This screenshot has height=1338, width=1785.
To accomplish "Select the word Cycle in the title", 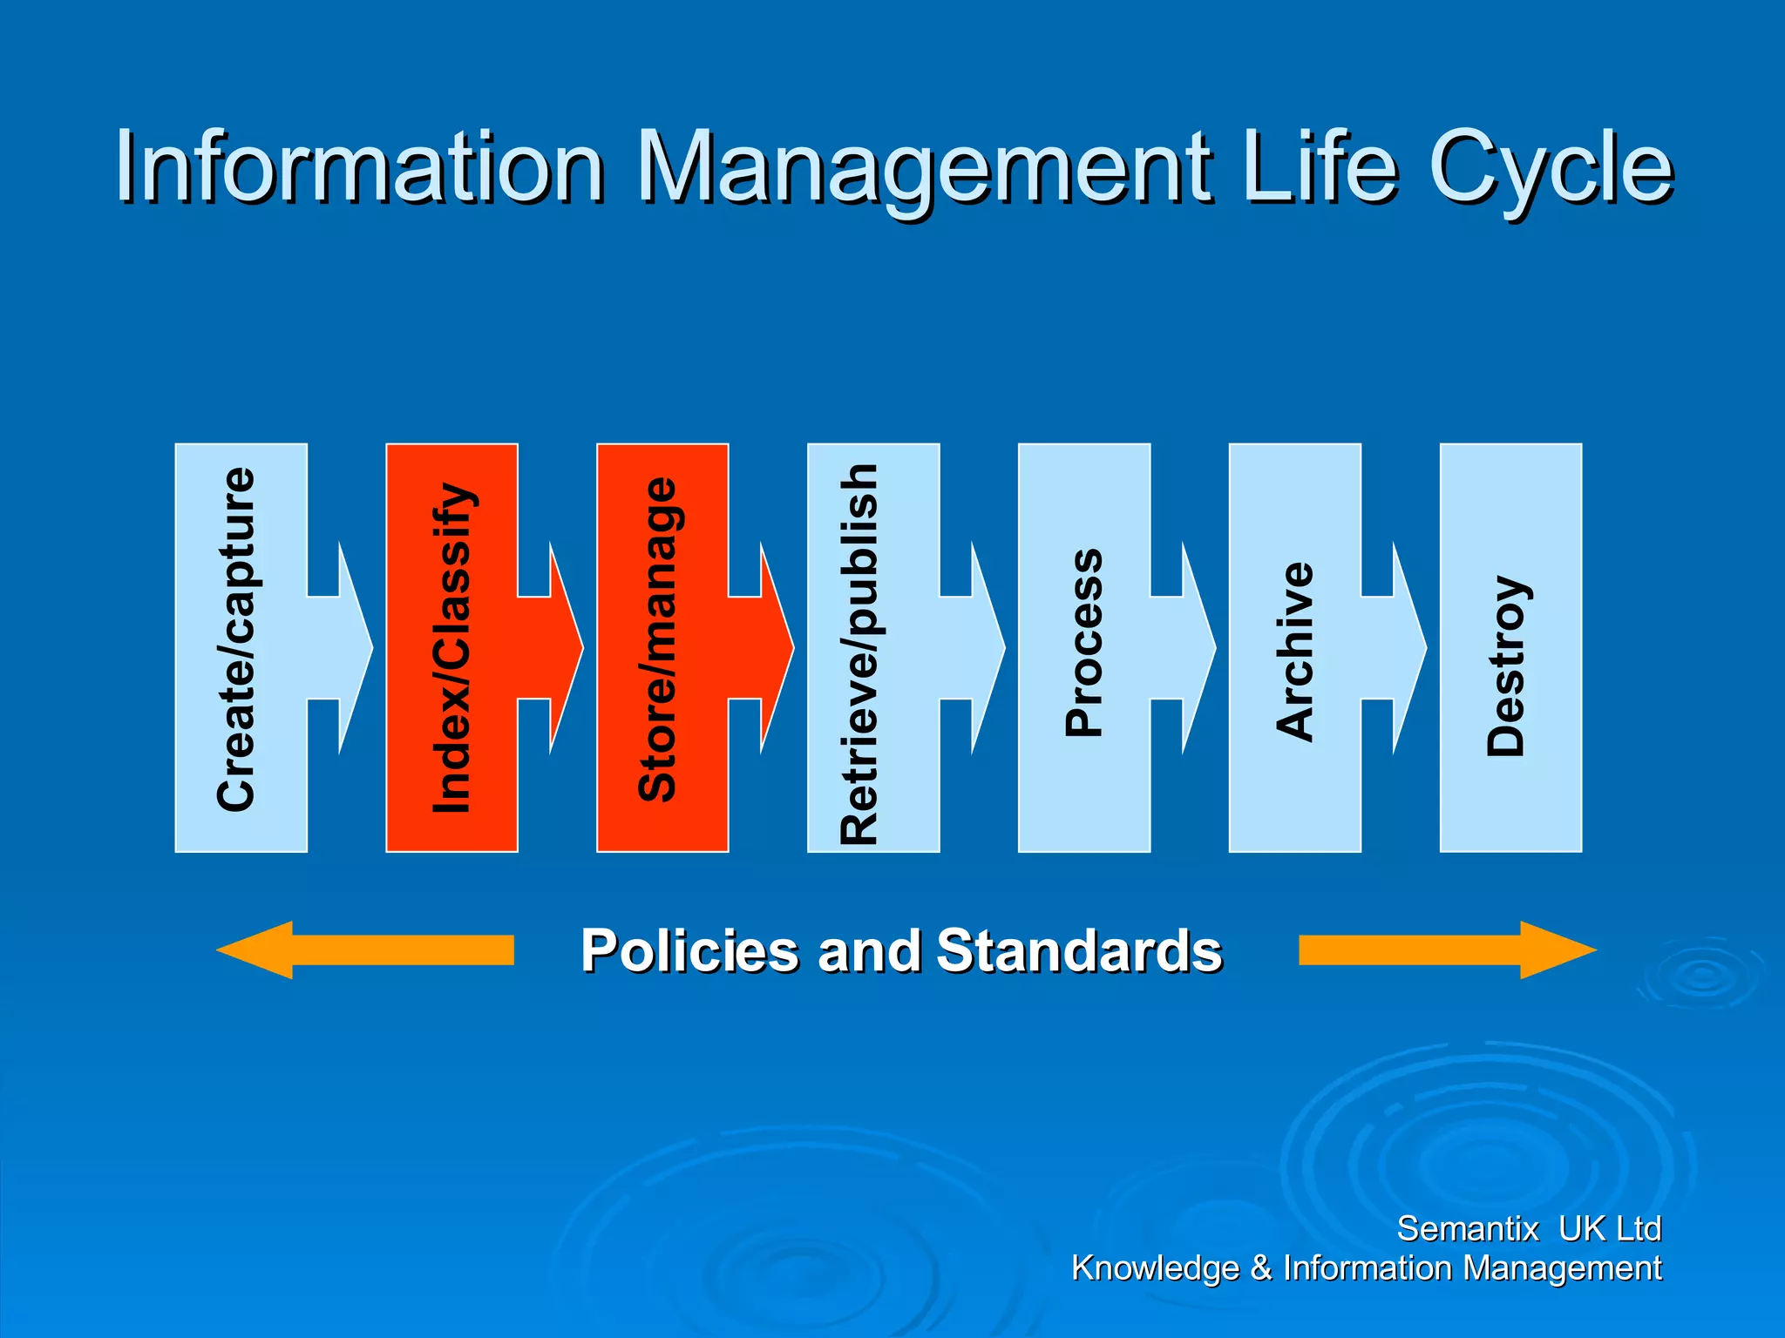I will (1551, 167).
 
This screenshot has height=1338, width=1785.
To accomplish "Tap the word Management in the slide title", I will (925, 167).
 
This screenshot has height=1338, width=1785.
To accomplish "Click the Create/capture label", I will (237, 640).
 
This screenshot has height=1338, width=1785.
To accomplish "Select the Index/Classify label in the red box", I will (452, 648).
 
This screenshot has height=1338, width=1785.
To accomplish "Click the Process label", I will (1084, 643).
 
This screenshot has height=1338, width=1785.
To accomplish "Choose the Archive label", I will (1295, 652).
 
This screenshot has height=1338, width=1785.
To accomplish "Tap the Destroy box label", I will (1507, 666).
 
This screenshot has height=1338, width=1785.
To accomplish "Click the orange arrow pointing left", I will (366, 949).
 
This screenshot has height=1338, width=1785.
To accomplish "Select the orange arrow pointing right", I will (1447, 949).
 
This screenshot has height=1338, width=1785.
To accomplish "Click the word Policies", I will (689, 950).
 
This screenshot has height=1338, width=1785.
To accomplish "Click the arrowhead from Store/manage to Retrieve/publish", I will (775, 648).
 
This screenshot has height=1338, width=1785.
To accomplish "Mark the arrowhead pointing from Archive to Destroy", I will (1408, 648).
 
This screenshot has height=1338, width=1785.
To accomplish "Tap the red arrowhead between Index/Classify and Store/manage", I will (564, 648).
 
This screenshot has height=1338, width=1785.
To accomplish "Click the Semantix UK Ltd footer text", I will (1529, 1229).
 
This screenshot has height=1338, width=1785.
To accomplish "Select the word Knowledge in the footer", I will (1155, 1268).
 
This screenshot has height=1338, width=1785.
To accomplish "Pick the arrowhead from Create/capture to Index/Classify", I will (353, 648).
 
